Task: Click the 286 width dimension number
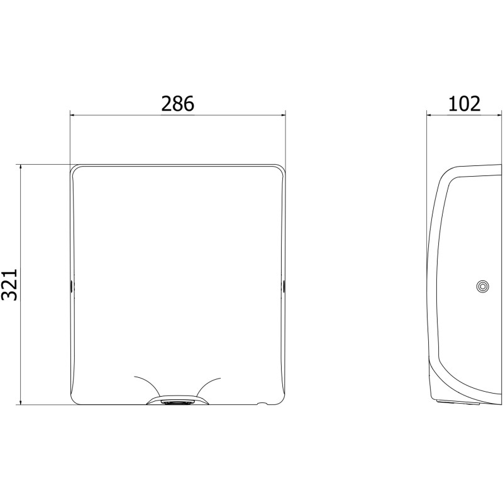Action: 177,104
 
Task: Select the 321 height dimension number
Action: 9,285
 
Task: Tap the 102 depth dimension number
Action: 464,104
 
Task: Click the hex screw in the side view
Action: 482,286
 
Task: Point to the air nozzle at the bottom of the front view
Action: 177,401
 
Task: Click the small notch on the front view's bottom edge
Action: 262,403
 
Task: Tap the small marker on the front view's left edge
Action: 71,285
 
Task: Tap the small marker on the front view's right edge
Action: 284,285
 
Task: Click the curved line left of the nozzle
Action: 148,384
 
